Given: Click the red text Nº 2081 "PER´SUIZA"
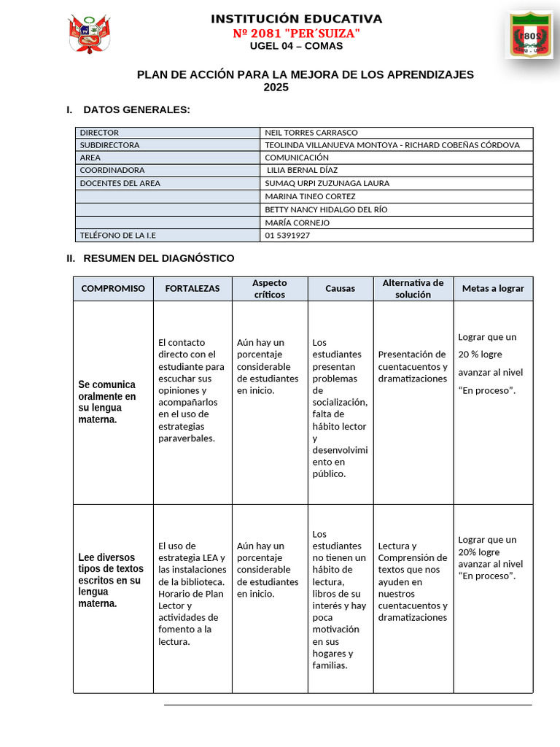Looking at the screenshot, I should point(296,34).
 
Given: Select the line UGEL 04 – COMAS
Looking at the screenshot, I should point(296,46).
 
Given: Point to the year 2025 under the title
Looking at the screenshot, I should point(276,88).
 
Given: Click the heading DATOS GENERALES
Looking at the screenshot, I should point(136,109).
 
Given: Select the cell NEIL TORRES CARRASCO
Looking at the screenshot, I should point(311,133).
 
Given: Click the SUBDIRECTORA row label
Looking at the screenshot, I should point(109,145).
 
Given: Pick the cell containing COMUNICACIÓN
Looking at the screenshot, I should point(297,158).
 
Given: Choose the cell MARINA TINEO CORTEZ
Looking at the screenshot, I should point(310,196).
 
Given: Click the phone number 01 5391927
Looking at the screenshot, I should point(287,235).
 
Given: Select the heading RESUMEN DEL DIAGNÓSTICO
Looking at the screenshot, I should point(158,258).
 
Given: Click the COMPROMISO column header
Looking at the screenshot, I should point(113,289).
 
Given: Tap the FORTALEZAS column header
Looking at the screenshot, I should point(192,289).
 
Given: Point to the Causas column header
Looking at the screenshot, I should point(340,289).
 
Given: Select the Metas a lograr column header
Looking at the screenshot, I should point(493,289).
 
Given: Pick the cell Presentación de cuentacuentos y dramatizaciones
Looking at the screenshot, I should point(413,366).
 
